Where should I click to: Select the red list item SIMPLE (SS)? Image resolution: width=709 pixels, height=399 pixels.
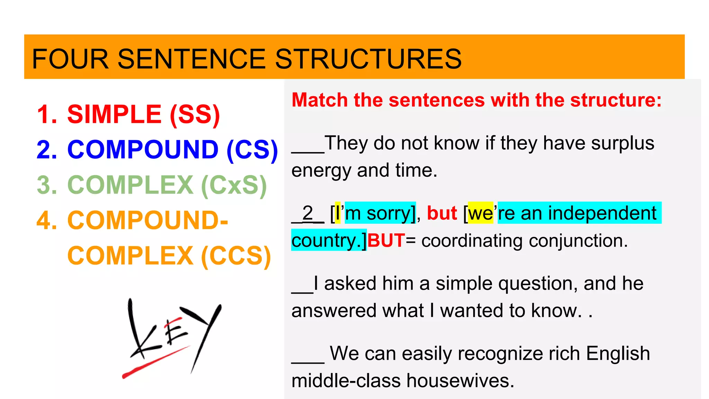[143, 114]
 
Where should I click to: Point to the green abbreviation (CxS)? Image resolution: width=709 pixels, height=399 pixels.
[234, 185]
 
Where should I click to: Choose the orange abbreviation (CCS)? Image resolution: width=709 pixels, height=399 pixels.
[236, 256]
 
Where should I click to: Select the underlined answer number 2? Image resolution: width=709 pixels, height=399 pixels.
[307, 213]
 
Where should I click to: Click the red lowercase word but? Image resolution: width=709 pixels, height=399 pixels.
[442, 213]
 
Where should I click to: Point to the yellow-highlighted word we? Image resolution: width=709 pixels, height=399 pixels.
[481, 213]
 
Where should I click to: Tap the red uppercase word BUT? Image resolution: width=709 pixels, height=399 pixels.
[386, 240]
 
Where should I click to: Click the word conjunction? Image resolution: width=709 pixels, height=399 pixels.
[576, 240]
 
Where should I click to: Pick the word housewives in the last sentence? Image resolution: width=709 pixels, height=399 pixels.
[460, 380]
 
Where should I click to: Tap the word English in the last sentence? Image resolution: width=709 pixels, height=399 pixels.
[618, 353]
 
